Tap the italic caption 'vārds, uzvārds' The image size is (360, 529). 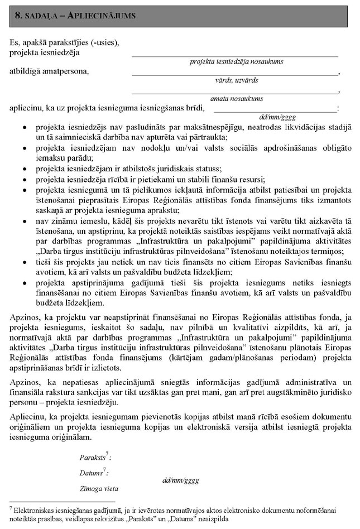coord(236,80)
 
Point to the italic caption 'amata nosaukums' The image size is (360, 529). coord(236,99)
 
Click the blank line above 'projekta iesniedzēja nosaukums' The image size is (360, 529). coord(235,56)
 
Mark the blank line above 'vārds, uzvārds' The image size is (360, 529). coord(235,74)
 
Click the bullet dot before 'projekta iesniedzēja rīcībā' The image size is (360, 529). coord(23,179)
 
